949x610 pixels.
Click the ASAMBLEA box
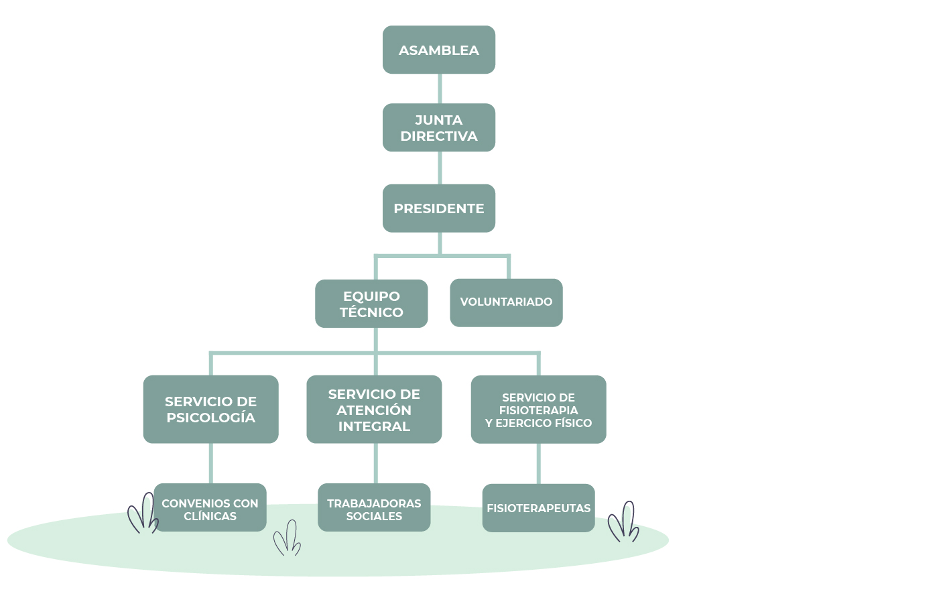point(438,50)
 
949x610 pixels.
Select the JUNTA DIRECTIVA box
point(438,127)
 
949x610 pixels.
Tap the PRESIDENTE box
point(438,208)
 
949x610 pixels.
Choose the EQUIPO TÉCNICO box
point(371,304)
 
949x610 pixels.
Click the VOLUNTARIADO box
point(506,302)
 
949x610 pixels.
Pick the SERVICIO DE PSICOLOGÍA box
point(210,409)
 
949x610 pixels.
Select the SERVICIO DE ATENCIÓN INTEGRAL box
point(374,409)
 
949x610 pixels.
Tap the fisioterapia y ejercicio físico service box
point(538,409)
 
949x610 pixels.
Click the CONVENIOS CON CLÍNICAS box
point(210,508)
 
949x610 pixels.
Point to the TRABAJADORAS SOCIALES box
point(374,508)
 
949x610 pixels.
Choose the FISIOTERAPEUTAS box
point(538,508)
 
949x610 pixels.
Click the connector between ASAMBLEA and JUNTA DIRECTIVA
point(440,88)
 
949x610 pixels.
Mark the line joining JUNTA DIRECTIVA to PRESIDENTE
point(440,168)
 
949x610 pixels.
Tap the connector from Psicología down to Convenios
point(211,463)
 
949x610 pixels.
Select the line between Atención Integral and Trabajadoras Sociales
point(375,463)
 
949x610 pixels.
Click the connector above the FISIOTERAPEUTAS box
point(539,463)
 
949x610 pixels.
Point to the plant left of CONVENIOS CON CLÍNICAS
point(142,514)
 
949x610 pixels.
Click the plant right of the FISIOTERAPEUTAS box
point(624,522)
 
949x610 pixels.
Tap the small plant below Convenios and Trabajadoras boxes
point(288,538)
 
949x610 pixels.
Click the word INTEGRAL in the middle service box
point(374,426)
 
